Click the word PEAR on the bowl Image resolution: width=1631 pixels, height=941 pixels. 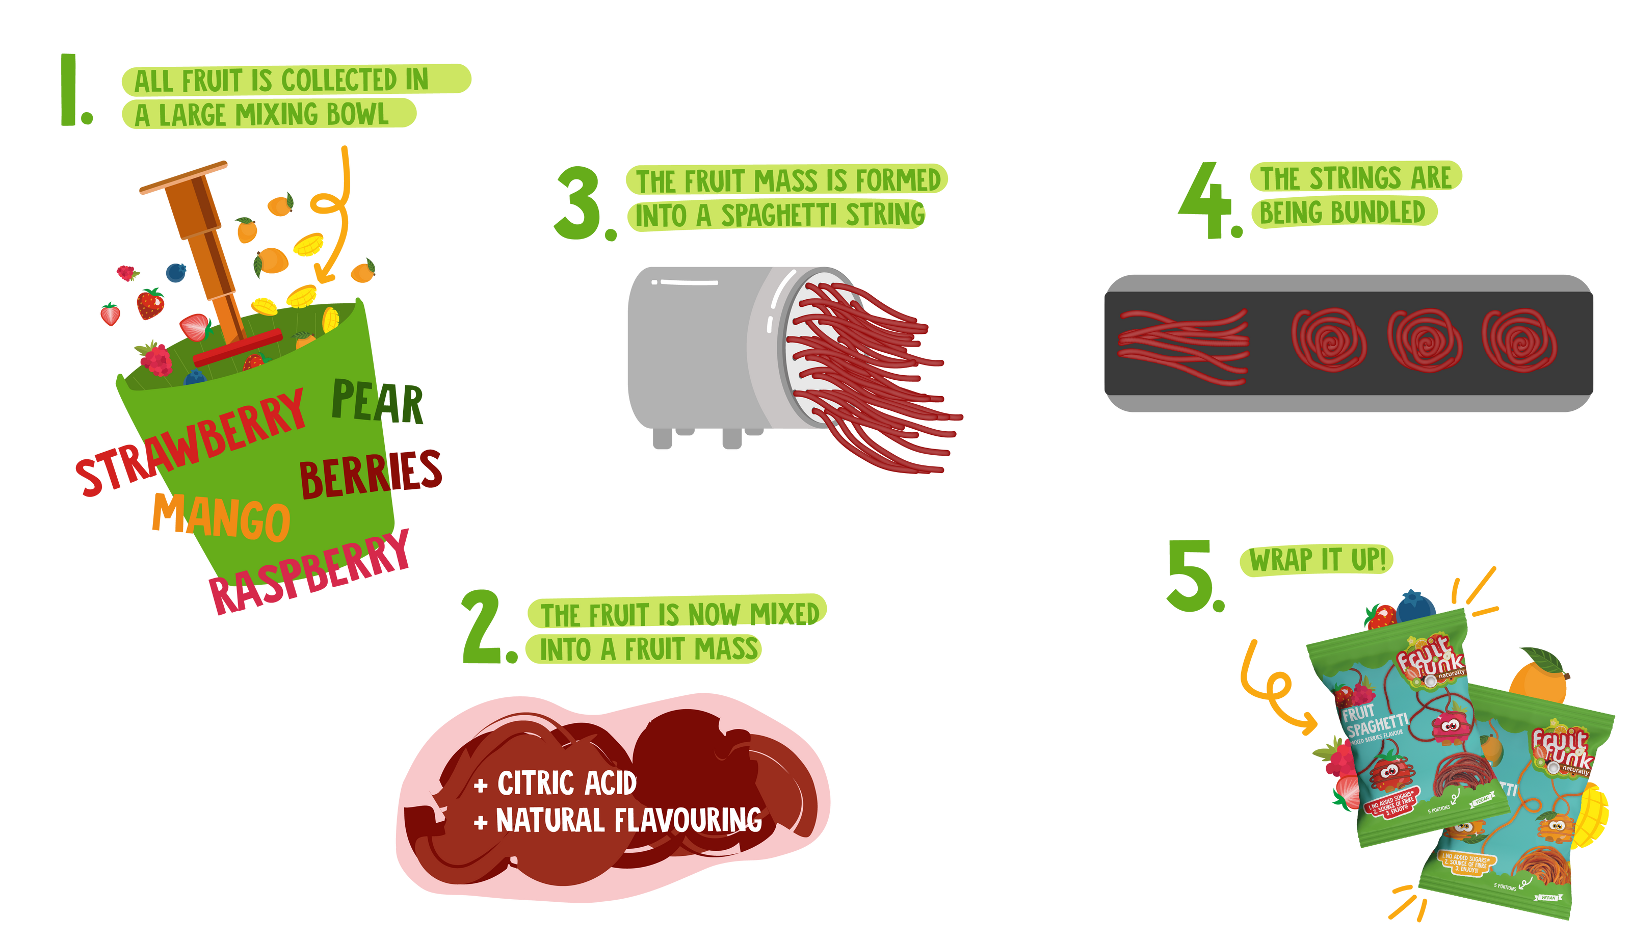coord(378,402)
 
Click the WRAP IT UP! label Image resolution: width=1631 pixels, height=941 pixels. coord(1317,560)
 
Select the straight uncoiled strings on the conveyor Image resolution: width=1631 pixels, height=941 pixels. coord(1183,347)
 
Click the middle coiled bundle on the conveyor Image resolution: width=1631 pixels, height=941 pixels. coord(1424,341)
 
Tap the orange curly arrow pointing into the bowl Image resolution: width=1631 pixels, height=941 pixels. coord(333,213)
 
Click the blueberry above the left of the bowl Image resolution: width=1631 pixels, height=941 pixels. coord(176,272)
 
